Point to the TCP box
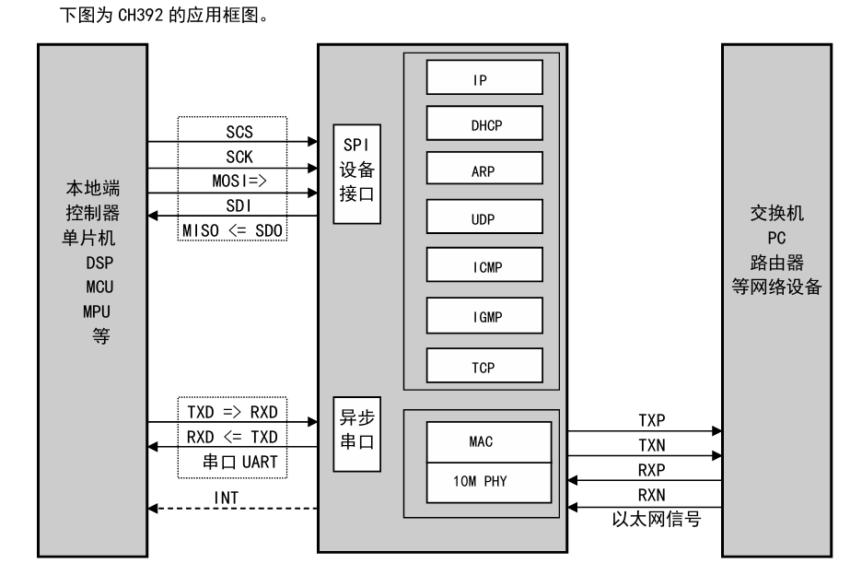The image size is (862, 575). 483,367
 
